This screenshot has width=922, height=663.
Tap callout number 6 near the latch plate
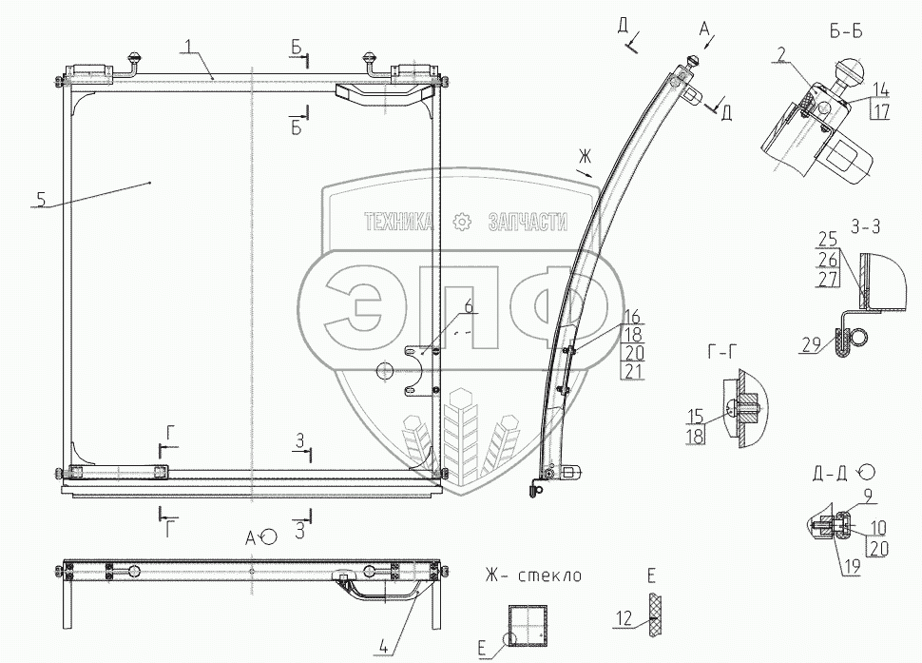click(468, 306)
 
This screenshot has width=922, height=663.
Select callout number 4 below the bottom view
click(381, 650)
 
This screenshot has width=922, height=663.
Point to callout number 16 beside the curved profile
click(631, 316)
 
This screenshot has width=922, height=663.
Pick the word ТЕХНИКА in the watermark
click(398, 222)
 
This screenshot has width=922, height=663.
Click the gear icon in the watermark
click(463, 223)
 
